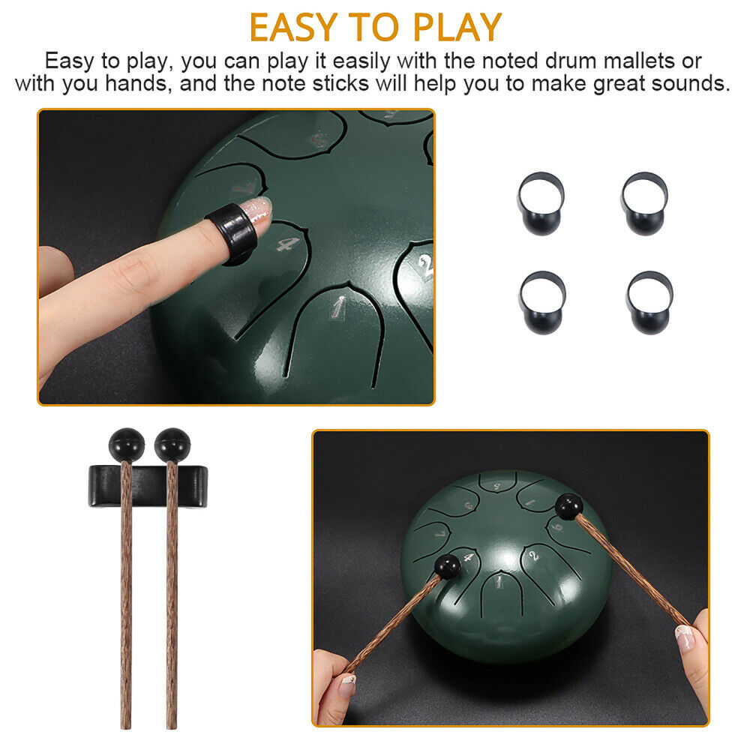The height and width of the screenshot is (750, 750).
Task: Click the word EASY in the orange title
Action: point(294,27)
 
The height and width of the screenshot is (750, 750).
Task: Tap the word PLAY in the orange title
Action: point(457,27)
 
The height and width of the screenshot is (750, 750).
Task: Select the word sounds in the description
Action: point(690,83)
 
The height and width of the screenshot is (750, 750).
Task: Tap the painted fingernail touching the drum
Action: point(256,211)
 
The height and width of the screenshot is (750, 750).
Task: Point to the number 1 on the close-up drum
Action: point(339,307)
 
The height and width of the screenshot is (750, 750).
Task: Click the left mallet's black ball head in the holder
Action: point(126,445)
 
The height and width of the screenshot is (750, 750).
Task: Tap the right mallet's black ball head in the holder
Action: point(172,445)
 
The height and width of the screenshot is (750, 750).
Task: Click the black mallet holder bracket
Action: point(148,486)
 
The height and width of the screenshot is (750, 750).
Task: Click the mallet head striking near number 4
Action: point(448,566)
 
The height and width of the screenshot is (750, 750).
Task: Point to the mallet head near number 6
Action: point(568,506)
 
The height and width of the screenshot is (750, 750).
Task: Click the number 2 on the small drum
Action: point(534,555)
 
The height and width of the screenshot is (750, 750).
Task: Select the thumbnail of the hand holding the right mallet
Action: point(685,637)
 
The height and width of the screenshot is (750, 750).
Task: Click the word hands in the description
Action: point(136,83)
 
